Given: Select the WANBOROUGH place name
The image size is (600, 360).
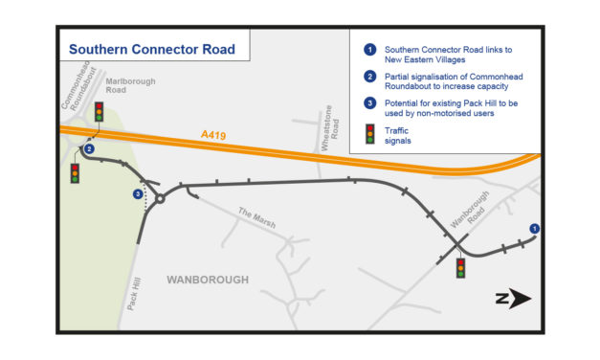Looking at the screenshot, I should coord(208,280).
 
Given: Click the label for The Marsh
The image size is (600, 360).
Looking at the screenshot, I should coord(257,217).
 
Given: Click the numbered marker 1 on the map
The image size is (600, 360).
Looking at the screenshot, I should coord(534,229).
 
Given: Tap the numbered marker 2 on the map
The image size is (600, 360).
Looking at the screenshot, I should coord(88,149).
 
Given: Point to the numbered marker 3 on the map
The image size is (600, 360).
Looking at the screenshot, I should coord(139,195).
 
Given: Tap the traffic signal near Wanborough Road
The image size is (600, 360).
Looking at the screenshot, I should coord(460,268).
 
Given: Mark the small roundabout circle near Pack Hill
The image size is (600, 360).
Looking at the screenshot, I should coord(160,199).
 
